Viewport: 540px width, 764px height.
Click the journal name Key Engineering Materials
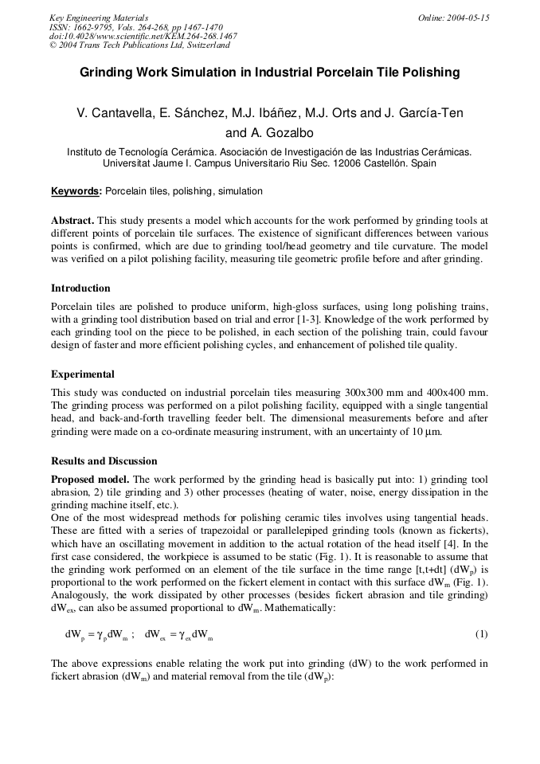99,18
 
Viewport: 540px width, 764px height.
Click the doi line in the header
143,36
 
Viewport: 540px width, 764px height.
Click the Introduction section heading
80,288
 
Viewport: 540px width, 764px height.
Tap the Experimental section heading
83,374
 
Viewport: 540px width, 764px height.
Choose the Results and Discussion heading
104,461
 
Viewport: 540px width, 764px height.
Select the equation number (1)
481,634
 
